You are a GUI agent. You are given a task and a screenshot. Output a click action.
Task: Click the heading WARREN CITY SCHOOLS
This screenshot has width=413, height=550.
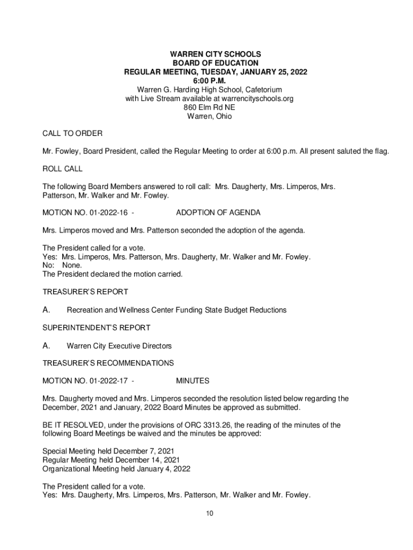click(x=216, y=54)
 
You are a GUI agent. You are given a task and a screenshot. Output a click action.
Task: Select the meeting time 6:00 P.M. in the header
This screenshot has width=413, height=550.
click(x=216, y=81)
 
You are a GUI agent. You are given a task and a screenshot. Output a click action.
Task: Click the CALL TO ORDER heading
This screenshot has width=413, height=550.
click(x=72, y=133)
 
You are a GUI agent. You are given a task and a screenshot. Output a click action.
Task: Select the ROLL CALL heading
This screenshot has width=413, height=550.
click(x=62, y=169)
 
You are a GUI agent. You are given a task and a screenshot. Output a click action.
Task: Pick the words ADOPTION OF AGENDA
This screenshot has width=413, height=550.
click(x=218, y=213)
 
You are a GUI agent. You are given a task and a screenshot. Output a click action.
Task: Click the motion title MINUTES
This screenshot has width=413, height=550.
click(x=193, y=381)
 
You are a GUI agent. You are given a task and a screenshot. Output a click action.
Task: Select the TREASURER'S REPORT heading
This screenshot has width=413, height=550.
click(x=85, y=292)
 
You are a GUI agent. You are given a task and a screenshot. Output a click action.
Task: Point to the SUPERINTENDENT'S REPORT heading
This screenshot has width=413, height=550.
click(x=96, y=328)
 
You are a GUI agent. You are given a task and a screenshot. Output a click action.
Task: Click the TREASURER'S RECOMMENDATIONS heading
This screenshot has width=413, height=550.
click(x=108, y=363)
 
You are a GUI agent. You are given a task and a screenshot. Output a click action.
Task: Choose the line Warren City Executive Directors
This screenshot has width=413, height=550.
click(x=119, y=345)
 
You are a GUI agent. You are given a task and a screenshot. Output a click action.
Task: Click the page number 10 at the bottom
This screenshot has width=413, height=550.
click(x=210, y=513)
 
